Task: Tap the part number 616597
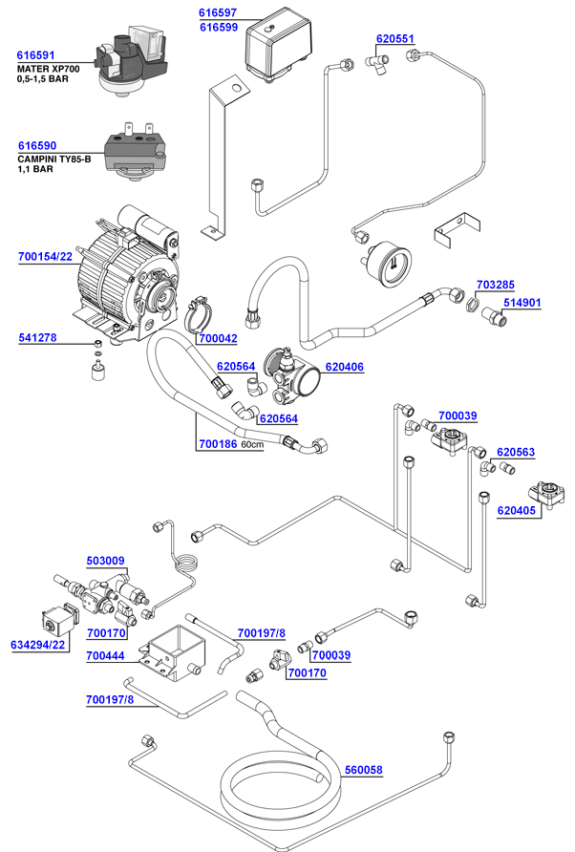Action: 218,13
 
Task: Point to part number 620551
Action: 395,39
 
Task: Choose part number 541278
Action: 37,338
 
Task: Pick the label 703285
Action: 495,285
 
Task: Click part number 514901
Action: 522,303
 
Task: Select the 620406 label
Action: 344,366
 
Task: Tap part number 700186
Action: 217,444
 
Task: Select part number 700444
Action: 105,656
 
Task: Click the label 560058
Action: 363,770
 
